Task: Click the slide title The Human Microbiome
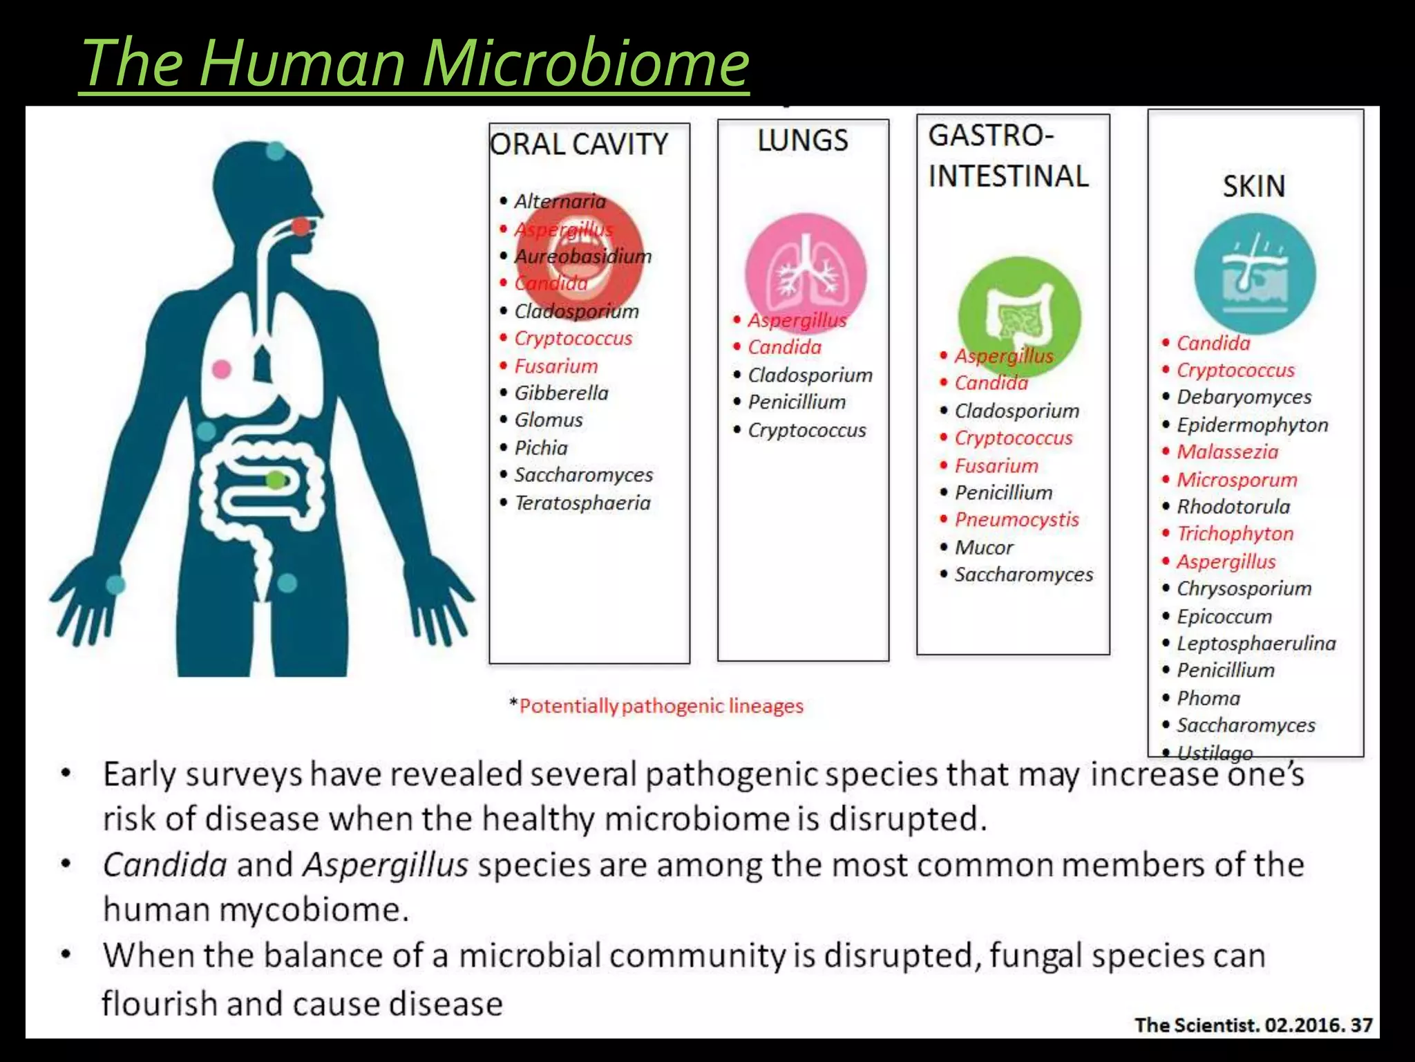coord(415,64)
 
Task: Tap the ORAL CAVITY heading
coord(579,145)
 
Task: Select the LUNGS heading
coord(802,140)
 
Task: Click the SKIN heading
coord(1254,186)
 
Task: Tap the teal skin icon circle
coord(1255,274)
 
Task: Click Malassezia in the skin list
coord(1227,452)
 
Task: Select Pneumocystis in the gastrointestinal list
coord(1016,520)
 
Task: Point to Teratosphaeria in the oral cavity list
coord(582,503)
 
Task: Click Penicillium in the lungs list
coord(797,402)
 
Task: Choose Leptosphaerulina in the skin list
coord(1256,644)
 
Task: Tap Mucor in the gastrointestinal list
coord(984,548)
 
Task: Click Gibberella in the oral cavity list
coord(561,393)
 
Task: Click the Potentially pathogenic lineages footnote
coord(661,706)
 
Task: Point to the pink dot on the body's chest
coord(221,369)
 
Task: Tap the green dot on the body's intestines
coord(275,479)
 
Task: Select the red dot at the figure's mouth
coord(301,225)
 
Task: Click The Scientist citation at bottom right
coord(1253,1024)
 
